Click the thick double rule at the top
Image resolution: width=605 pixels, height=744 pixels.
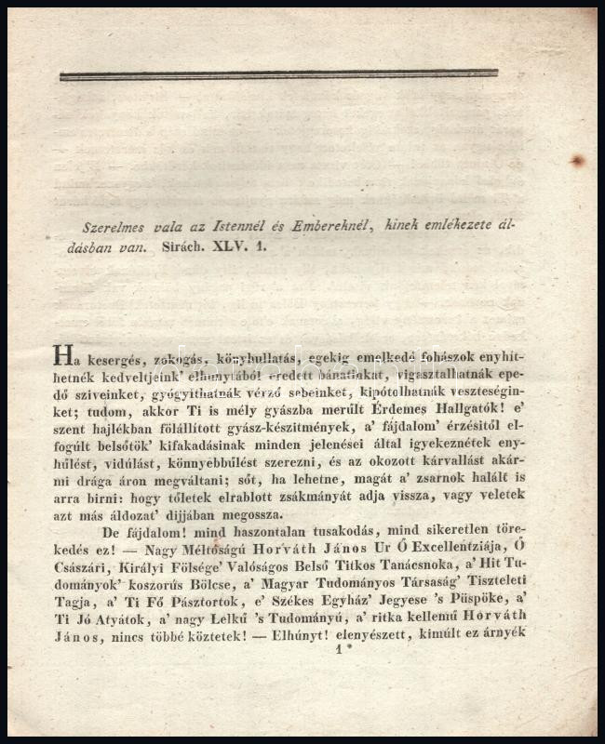(x=278, y=74)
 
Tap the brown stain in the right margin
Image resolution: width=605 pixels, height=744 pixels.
(x=577, y=160)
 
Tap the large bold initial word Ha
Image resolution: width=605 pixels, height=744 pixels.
(x=62, y=356)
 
